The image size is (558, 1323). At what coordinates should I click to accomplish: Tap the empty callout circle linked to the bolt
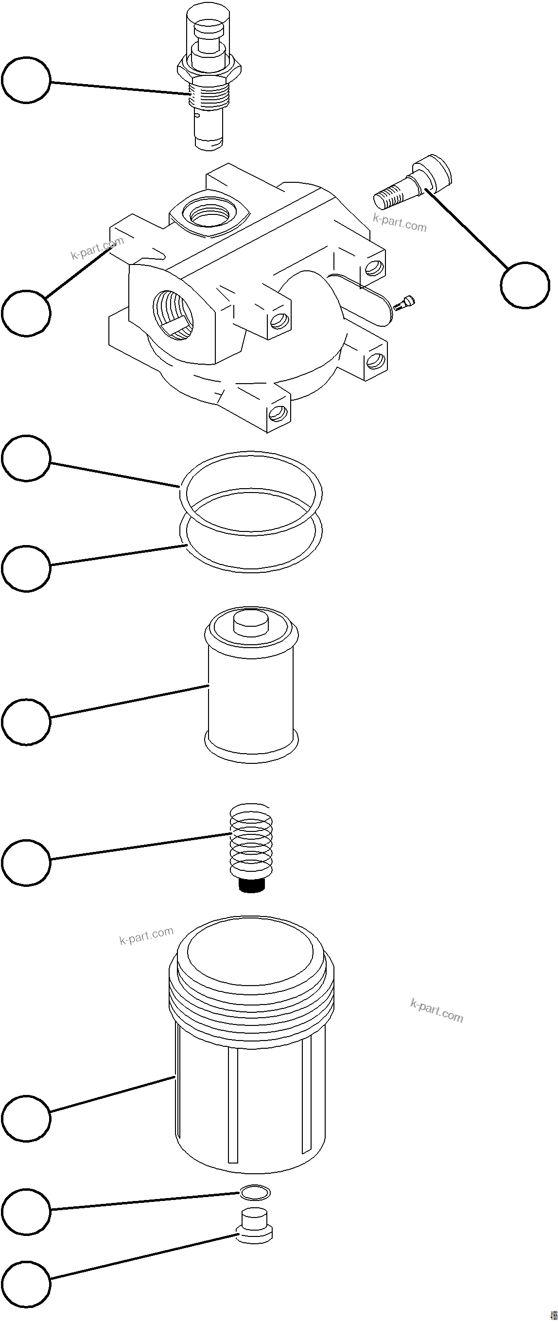tap(524, 285)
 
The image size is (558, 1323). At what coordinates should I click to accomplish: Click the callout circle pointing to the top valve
tap(26, 80)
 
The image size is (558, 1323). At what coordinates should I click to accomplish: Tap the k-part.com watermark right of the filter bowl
tap(436, 1011)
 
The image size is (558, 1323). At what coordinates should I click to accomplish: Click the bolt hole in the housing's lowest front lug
tap(278, 412)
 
